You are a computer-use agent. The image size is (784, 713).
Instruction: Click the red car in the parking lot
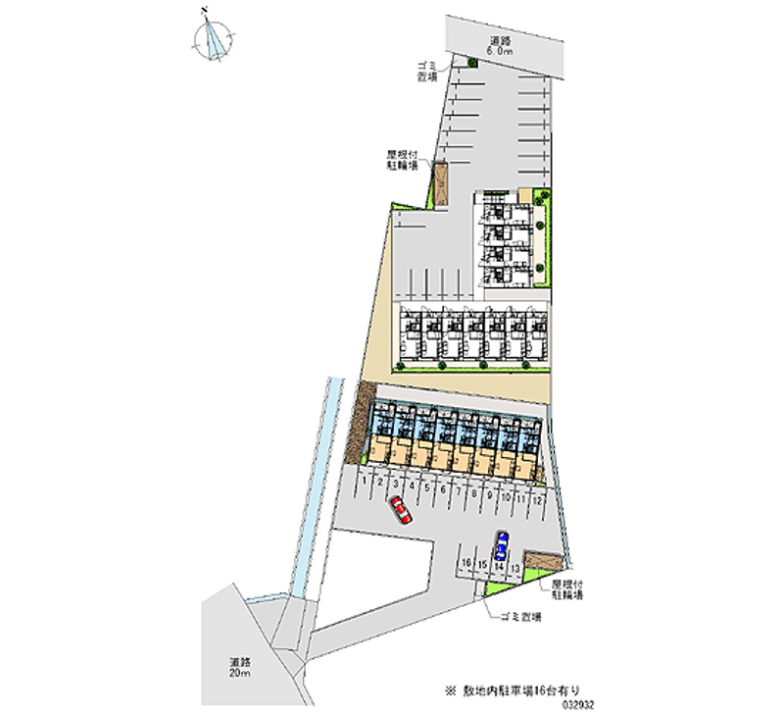click(x=401, y=510)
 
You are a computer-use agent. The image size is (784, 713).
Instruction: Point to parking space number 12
click(x=538, y=498)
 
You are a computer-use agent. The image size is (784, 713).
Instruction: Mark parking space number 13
click(x=514, y=567)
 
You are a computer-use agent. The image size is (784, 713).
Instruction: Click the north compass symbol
click(x=213, y=38)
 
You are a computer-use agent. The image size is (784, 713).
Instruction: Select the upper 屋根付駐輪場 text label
click(x=402, y=161)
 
